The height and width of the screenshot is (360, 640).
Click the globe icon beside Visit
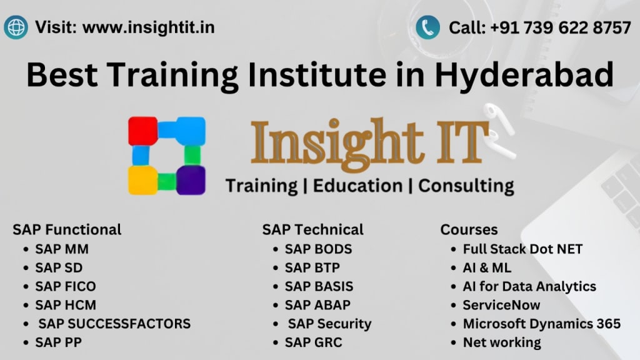[x=16, y=27]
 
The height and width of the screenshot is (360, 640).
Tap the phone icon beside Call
[x=427, y=27]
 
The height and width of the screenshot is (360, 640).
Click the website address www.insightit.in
[x=149, y=27]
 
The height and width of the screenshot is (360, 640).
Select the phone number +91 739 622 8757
[x=561, y=27]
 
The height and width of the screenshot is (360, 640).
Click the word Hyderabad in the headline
[x=524, y=75]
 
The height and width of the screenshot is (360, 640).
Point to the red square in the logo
[x=143, y=131]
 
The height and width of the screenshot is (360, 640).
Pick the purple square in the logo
[x=191, y=180]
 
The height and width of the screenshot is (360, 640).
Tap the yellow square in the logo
[x=143, y=180]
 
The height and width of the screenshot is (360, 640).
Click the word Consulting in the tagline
[x=466, y=186]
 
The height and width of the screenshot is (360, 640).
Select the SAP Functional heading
[x=67, y=229]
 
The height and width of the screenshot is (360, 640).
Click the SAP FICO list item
[x=65, y=286]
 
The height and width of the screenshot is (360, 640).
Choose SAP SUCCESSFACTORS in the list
[x=114, y=324]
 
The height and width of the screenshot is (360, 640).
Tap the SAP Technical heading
[x=312, y=229]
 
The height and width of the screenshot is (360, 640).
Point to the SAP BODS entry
[x=318, y=249]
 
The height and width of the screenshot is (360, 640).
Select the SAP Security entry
[x=330, y=324]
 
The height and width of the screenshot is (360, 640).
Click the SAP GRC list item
[x=314, y=342]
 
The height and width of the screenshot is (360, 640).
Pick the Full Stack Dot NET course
[x=522, y=249]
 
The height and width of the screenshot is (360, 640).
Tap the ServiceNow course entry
[x=501, y=305]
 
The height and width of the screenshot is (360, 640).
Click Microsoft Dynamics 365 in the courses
[x=542, y=324]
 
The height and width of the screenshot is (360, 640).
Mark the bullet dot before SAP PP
[x=26, y=343]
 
